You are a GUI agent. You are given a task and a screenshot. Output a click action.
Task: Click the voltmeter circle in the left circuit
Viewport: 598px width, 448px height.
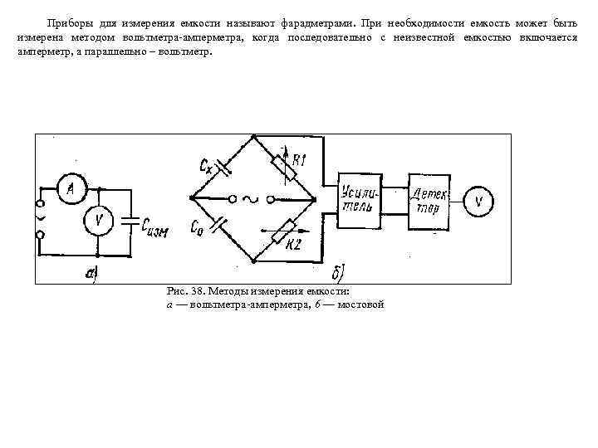pos(98,221)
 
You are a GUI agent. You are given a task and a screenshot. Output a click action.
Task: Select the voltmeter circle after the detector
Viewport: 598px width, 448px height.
pos(478,201)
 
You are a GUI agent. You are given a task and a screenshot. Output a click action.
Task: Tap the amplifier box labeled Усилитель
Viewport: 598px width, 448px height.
pos(360,201)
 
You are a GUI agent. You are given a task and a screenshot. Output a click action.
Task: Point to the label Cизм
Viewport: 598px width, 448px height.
pos(155,226)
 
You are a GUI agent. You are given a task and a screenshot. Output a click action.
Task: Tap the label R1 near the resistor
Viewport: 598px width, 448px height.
pos(299,161)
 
